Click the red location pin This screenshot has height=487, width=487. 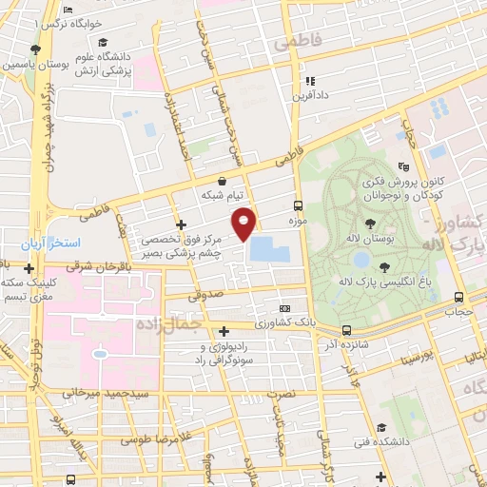click(245, 223)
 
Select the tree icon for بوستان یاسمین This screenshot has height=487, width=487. click(35, 49)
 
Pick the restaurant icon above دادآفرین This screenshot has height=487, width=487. click(310, 82)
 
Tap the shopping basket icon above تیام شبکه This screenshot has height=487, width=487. click(222, 180)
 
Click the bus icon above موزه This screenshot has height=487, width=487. click(298, 205)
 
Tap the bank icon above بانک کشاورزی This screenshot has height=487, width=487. click(284, 309)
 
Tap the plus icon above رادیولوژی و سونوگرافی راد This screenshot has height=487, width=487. click(224, 331)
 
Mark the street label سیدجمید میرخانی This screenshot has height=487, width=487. click(94, 391)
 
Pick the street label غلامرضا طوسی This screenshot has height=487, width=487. click(157, 441)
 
